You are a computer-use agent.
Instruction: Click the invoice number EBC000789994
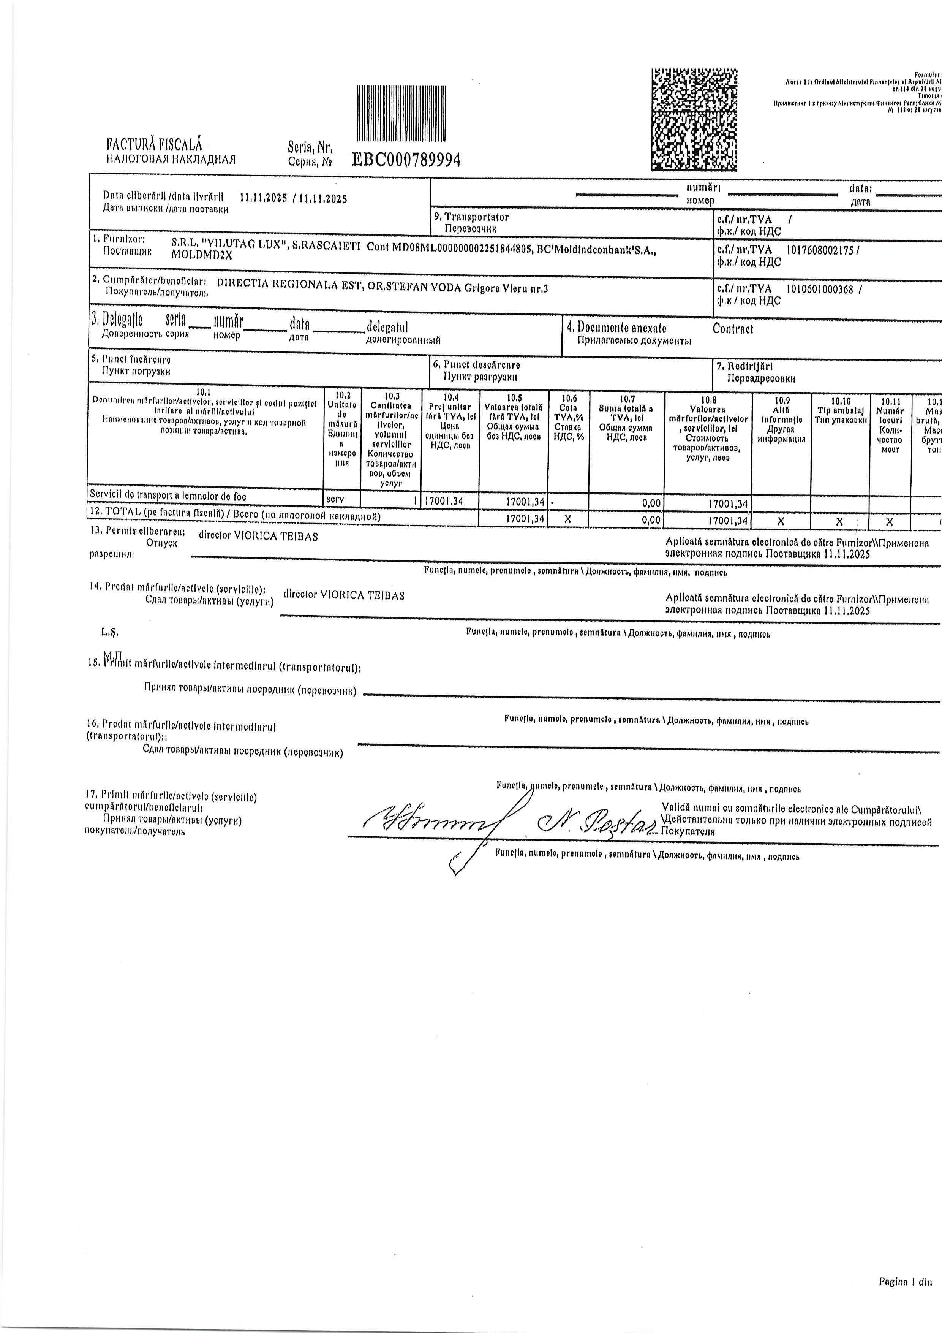click(x=406, y=160)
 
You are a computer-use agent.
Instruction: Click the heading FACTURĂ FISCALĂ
click(x=154, y=144)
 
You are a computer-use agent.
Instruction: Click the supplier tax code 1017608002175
click(x=820, y=250)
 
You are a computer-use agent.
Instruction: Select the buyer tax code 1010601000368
click(x=820, y=289)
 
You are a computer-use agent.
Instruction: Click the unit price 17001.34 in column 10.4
click(x=444, y=501)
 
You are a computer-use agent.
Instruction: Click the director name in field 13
click(x=258, y=537)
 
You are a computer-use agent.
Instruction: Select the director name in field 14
click(x=344, y=595)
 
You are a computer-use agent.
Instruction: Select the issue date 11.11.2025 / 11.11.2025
click(x=293, y=199)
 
